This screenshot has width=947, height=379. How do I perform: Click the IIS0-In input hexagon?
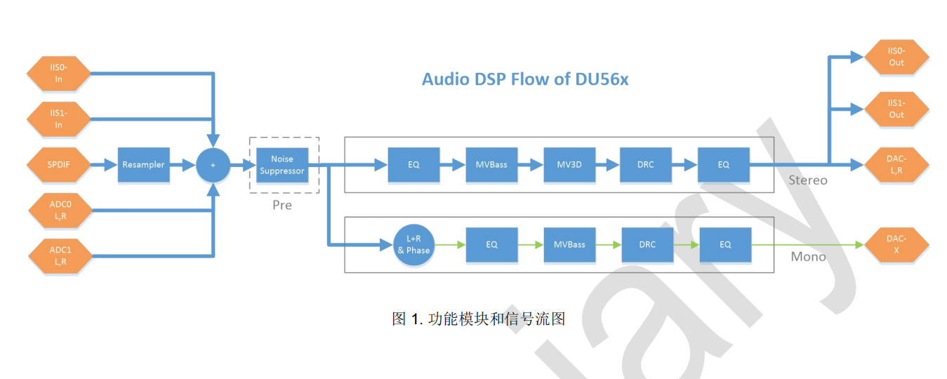pyautogui.click(x=59, y=73)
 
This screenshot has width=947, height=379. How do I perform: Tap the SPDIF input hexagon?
pyautogui.click(x=59, y=165)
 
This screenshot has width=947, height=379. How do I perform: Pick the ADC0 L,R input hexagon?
pyautogui.click(x=59, y=210)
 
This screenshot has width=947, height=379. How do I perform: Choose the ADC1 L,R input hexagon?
pyautogui.click(x=59, y=255)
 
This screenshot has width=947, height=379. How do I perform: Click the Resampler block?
pyautogui.click(x=143, y=165)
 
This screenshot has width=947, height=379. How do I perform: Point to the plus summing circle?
pyautogui.click(x=213, y=165)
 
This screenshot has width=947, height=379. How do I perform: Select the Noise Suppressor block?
pyautogui.click(x=282, y=165)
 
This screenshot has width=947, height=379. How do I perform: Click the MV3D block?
pyautogui.click(x=569, y=165)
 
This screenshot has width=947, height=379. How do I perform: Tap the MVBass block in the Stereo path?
pyautogui.click(x=491, y=165)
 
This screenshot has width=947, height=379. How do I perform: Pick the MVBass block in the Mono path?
pyautogui.click(x=569, y=245)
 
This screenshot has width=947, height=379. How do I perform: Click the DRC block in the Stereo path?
pyautogui.click(x=646, y=165)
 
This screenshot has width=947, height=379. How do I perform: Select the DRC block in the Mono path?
pyautogui.click(x=647, y=245)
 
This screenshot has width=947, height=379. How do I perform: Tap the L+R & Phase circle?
pyautogui.click(x=414, y=245)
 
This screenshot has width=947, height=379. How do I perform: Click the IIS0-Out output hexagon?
pyautogui.click(x=896, y=57)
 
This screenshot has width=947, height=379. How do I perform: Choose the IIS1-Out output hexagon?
pyautogui.click(x=896, y=109)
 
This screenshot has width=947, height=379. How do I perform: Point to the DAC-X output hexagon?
pyautogui.click(x=896, y=245)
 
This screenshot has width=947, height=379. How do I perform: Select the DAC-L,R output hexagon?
pyautogui.click(x=896, y=165)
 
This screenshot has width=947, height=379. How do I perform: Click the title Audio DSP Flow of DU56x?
pyautogui.click(x=524, y=79)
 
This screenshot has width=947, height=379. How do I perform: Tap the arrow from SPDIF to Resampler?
pyautogui.click(x=104, y=165)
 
